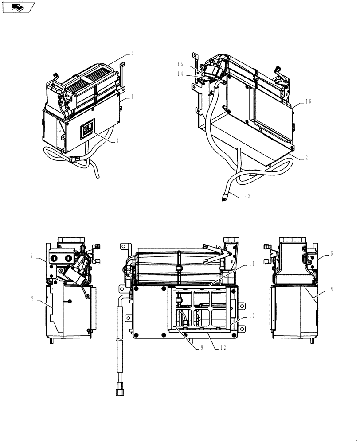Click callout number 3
point(133,53)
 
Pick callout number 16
point(308,101)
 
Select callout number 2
point(306,158)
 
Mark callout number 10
point(251,315)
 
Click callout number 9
point(202,348)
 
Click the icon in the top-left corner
point(18,7)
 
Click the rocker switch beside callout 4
point(88,129)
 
